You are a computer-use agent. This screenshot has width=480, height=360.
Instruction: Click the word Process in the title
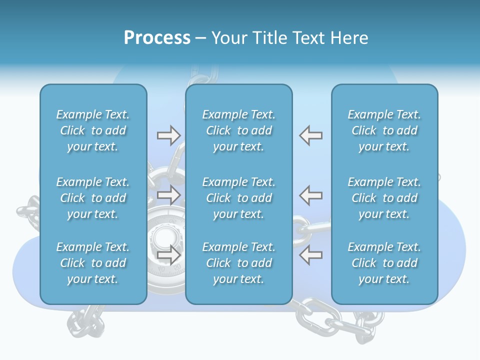(157, 38)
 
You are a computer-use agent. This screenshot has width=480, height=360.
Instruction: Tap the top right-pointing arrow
(169, 135)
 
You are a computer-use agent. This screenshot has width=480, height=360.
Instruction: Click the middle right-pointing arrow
(169, 195)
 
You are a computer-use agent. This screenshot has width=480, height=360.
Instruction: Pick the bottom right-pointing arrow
(169, 254)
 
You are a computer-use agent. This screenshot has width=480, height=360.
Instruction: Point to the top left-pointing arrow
(310, 135)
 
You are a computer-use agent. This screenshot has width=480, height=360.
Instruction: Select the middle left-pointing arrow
(310, 195)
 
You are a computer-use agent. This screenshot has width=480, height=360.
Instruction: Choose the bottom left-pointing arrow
(310, 254)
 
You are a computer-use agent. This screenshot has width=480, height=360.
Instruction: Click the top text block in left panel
(93, 130)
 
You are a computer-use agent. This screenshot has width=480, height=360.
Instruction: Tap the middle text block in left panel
(93, 198)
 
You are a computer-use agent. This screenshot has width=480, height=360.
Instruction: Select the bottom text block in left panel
(93, 263)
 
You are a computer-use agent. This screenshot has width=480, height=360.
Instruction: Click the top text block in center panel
(238, 130)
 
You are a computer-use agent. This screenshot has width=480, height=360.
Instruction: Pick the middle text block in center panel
(238, 198)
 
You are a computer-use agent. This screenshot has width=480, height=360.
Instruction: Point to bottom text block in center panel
(238, 263)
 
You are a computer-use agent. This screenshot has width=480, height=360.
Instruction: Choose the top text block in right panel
(384, 130)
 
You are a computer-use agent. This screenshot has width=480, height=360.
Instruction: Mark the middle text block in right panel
(384, 198)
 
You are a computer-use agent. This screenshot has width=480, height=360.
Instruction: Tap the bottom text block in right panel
(384, 263)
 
